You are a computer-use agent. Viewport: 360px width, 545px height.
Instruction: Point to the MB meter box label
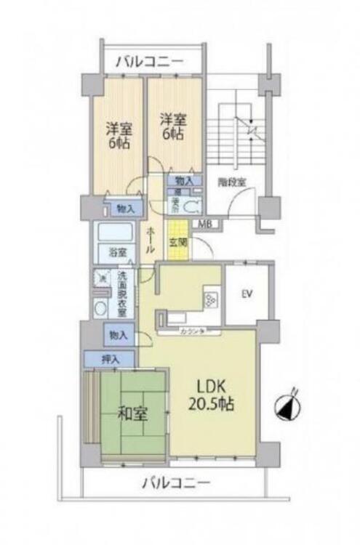(x=206, y=224)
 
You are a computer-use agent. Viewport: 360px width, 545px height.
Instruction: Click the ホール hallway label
(x=150, y=238)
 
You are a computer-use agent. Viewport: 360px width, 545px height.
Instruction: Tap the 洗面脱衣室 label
(x=122, y=293)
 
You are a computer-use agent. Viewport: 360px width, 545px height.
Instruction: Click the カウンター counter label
(x=191, y=331)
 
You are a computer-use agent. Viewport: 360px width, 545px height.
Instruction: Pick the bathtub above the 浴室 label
(x=116, y=234)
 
